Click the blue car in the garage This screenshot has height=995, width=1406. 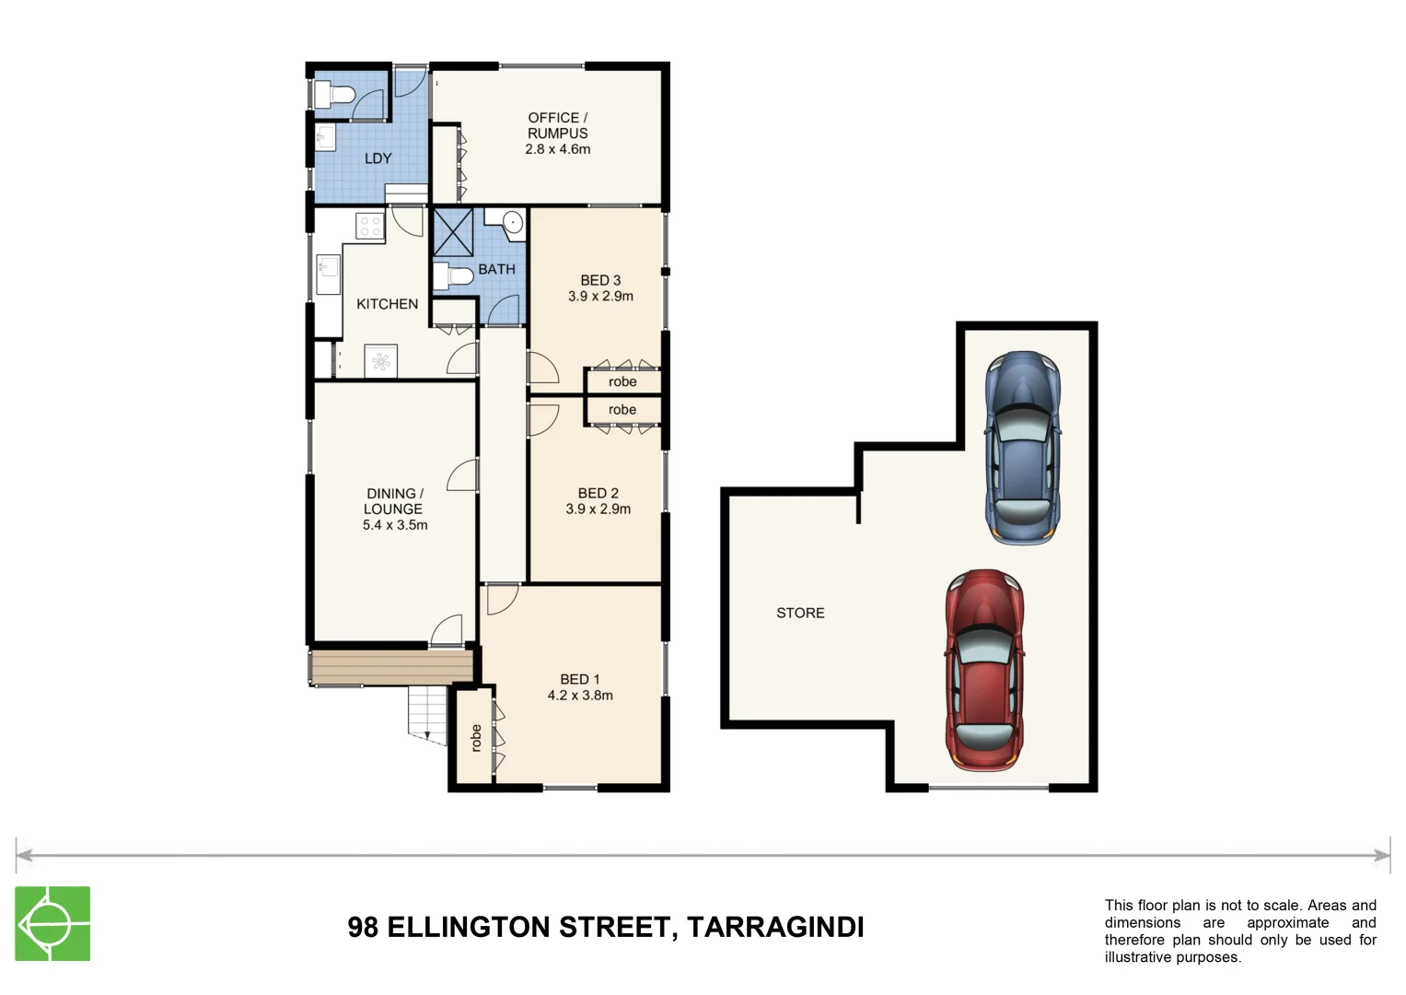click(1022, 448)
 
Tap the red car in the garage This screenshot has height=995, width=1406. click(984, 670)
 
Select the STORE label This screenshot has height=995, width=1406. click(800, 613)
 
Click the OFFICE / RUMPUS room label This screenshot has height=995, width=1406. click(557, 125)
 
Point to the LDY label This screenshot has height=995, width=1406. click(378, 158)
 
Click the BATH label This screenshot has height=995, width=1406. click(496, 269)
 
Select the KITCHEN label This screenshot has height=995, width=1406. click(387, 304)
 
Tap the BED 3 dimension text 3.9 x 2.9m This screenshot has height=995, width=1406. click(600, 297)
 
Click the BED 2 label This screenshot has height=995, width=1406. click(598, 493)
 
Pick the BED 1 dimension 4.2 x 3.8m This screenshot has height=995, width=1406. click(580, 696)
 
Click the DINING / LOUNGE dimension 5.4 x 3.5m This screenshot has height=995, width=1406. click(395, 525)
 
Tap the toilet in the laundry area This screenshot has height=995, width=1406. click(334, 94)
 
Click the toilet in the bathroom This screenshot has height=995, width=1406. click(452, 275)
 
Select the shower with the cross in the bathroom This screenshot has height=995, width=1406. click(453, 232)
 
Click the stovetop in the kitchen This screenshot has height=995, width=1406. click(370, 226)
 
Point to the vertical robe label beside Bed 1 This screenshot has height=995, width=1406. click(476, 738)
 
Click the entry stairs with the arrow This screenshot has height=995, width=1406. click(427, 713)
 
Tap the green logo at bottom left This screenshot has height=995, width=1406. click(52, 923)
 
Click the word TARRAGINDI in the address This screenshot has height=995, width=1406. click(775, 927)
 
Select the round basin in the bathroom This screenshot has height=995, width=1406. click(512, 223)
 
